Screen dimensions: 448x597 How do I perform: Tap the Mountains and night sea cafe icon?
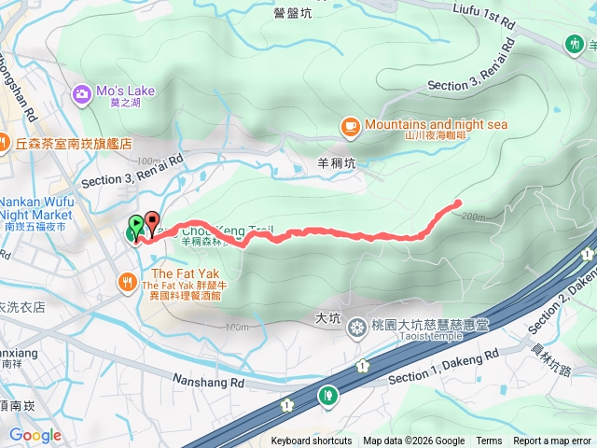(350, 124)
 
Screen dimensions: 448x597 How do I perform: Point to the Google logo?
(35, 435)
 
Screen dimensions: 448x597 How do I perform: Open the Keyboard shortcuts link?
(312, 441)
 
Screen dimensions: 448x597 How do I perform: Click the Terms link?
(489, 441)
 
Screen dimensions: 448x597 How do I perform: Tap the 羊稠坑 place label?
(337, 162)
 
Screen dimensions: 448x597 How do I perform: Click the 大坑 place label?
(327, 317)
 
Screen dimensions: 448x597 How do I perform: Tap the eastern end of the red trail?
(458, 203)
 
